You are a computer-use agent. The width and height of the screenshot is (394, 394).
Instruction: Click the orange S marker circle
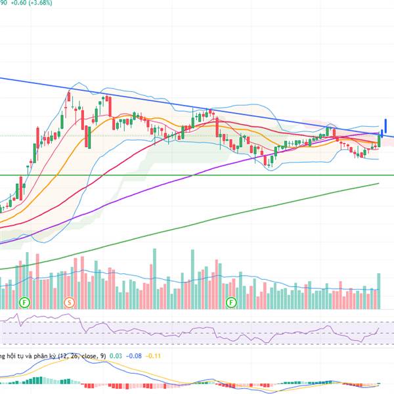click(69, 303)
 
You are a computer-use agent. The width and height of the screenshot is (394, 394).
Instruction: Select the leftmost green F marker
click(24, 303)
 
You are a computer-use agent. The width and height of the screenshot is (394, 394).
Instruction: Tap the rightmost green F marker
click(231, 303)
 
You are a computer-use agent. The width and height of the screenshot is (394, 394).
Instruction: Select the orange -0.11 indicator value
click(154, 356)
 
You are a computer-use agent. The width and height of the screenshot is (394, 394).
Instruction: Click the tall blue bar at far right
click(386, 125)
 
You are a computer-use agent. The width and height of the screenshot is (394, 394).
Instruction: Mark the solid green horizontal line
click(197, 175)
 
